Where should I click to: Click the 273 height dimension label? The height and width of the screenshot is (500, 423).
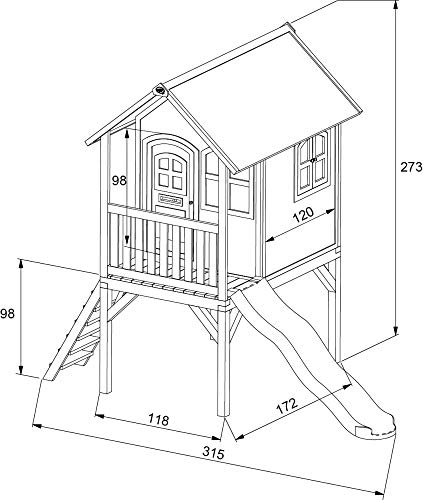[411, 167]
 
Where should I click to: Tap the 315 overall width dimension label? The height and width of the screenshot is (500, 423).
[213, 453]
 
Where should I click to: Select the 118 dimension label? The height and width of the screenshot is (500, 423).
[158, 420]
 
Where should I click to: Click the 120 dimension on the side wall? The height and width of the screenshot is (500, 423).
[303, 215]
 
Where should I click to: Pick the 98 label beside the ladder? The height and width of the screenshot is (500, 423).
[7, 314]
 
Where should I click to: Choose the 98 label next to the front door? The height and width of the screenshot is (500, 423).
[119, 180]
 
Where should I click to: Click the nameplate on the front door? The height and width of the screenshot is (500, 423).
[170, 200]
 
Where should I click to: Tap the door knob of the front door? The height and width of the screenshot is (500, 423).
[191, 202]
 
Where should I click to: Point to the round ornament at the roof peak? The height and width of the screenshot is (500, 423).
[160, 90]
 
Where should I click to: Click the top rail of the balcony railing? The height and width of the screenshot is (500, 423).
[163, 217]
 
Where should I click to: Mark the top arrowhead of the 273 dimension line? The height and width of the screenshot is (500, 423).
[395, 4]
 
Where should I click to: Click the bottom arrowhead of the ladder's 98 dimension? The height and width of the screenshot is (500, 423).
[21, 370]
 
